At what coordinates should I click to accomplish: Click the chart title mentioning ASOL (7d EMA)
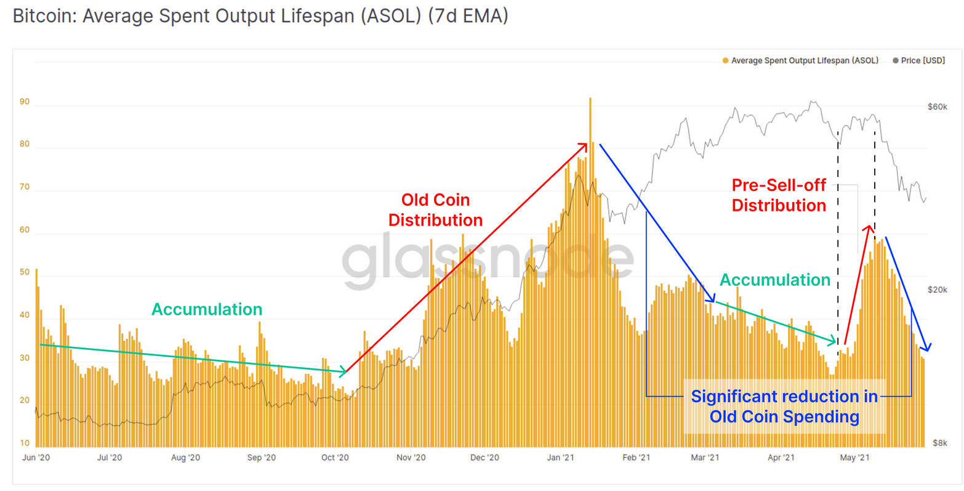click(x=260, y=16)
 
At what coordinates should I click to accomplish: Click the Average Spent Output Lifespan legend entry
click(x=804, y=60)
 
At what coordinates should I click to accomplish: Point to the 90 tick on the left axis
click(x=25, y=102)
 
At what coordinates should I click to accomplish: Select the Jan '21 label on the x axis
click(x=561, y=457)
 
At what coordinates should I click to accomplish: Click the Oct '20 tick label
click(x=335, y=457)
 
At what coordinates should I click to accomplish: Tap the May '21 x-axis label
click(x=855, y=457)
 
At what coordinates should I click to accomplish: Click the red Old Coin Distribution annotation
click(x=435, y=209)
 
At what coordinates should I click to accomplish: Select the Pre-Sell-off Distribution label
click(x=779, y=195)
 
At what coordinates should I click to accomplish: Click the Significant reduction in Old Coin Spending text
click(x=784, y=406)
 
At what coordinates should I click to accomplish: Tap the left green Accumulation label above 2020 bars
click(x=207, y=309)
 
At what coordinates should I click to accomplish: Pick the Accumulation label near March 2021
click(x=775, y=280)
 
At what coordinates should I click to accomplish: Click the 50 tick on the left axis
click(x=25, y=272)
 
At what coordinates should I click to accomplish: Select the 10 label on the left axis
click(x=25, y=443)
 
